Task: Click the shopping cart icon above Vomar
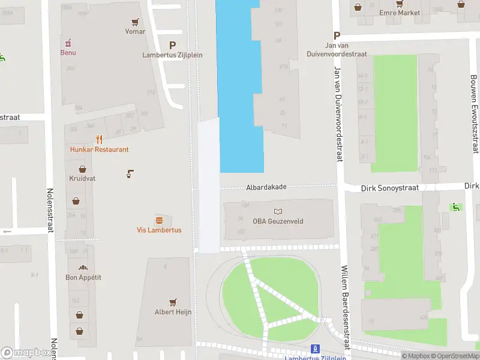point(136,22)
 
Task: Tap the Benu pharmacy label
point(68,52)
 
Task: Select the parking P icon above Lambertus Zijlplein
point(173,45)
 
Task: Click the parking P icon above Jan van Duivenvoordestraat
point(337,35)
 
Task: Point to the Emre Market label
point(400,13)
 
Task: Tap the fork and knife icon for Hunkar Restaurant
point(100,140)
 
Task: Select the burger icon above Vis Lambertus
point(159,220)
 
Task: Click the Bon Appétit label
point(83,277)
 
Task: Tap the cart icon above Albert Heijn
point(173,302)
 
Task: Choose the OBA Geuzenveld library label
point(278,221)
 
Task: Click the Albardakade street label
point(266,187)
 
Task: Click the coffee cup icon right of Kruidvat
point(130,174)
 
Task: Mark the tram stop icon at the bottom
point(315,349)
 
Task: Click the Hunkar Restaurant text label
point(100,149)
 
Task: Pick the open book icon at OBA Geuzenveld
point(278,211)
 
